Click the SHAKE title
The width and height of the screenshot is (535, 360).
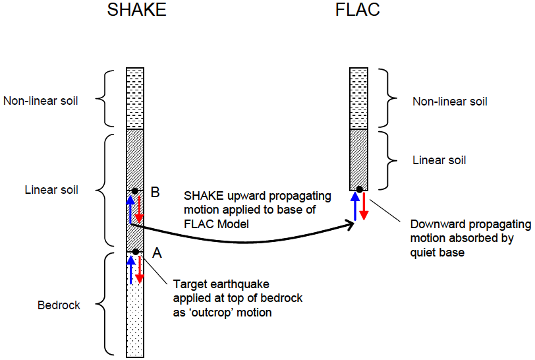(137, 12)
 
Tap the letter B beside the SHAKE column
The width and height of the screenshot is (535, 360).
(155, 193)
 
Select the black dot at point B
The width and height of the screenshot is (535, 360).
(134, 191)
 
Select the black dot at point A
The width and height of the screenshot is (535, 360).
(134, 251)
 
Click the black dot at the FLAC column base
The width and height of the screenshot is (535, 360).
(358, 190)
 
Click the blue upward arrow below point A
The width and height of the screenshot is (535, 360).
(130, 270)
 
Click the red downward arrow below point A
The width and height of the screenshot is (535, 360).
(139, 270)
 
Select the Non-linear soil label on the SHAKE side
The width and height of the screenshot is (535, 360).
(41, 102)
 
